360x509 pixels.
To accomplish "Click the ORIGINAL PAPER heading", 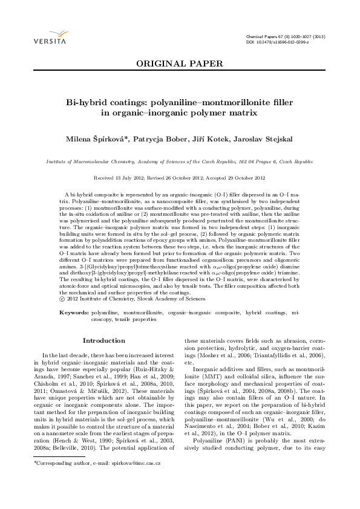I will coord(180,63).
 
